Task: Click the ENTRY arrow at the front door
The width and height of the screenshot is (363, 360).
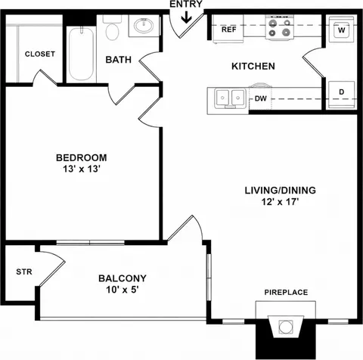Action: click(187, 17)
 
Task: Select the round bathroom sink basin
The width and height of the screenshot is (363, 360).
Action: click(144, 25)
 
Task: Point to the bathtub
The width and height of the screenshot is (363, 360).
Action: click(81, 54)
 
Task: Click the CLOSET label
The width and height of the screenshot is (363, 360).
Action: click(40, 54)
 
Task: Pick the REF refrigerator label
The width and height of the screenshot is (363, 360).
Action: click(229, 29)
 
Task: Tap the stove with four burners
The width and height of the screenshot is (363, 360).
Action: click(280, 27)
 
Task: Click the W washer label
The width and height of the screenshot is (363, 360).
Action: click(341, 30)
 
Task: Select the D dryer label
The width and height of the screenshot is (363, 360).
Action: click(341, 92)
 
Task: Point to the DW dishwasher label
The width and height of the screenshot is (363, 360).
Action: click(260, 98)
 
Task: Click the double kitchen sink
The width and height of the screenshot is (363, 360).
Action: click(230, 98)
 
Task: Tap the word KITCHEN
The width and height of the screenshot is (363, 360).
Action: click(253, 66)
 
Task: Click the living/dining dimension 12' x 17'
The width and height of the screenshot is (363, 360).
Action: click(280, 202)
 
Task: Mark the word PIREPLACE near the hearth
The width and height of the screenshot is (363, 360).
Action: click(286, 292)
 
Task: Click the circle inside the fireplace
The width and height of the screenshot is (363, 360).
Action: click(286, 327)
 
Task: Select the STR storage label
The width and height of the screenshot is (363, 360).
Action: click(24, 272)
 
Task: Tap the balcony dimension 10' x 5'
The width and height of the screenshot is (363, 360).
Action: click(123, 290)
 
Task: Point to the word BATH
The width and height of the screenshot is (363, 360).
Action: click(119, 60)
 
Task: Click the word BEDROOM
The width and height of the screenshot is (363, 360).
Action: click(82, 157)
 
